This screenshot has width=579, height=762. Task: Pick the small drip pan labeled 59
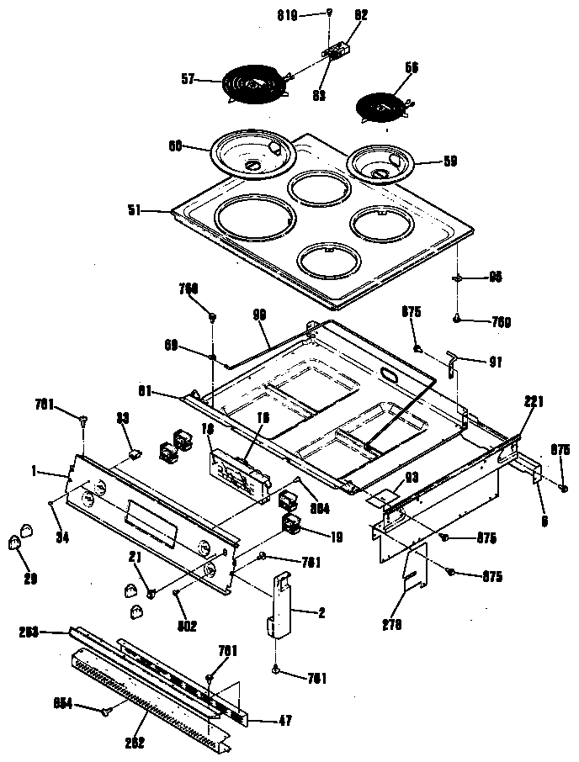tap(381, 163)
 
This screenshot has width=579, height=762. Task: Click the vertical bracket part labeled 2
tap(280, 608)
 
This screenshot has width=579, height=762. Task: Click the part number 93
tap(412, 477)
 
